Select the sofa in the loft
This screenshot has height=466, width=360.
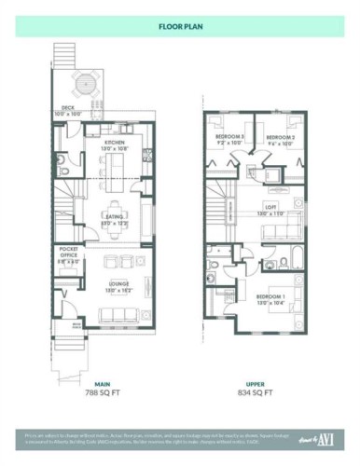point(275,232)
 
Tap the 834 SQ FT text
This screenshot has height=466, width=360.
point(254,393)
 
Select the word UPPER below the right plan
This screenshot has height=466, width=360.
point(254,383)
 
